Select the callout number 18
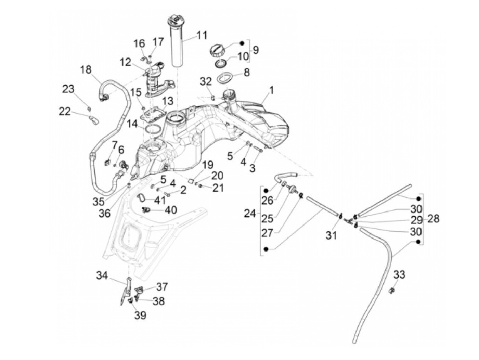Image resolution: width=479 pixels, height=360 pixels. [86, 70]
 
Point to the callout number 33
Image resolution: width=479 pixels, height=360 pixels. [399, 274]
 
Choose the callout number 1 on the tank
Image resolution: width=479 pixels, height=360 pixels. [271, 90]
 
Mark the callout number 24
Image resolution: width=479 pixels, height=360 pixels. [250, 214]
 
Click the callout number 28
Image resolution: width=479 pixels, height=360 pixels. [433, 219]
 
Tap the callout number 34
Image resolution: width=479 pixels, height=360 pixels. [102, 275]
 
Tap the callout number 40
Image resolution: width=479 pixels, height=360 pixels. [171, 210]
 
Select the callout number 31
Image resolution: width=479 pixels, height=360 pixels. [331, 235]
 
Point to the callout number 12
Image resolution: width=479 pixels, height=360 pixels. [126, 63]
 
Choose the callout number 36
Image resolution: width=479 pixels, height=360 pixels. [105, 213]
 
